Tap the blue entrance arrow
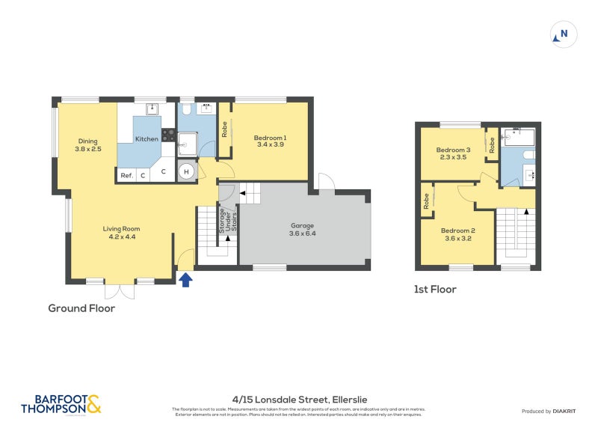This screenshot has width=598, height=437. [x=186, y=280]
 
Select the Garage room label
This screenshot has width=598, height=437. [x=303, y=229]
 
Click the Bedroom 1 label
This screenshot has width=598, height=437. [x=270, y=141]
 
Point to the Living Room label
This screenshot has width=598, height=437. [x=121, y=233]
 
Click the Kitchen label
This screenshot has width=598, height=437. [x=147, y=139]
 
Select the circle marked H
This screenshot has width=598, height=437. [x=186, y=172]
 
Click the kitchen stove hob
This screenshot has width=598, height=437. [x=168, y=136]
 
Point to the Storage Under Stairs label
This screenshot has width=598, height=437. [x=222, y=223]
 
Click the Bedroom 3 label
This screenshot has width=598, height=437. [x=453, y=153]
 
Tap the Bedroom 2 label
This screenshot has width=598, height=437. [x=457, y=234]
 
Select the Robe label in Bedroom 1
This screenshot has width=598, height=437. [x=224, y=129]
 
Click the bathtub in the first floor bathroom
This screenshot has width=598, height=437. [x=518, y=137]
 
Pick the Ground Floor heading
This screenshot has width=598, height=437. [x=81, y=308]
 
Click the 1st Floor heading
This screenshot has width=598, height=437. [x=435, y=289]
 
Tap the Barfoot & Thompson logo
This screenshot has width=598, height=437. [x=61, y=404]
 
